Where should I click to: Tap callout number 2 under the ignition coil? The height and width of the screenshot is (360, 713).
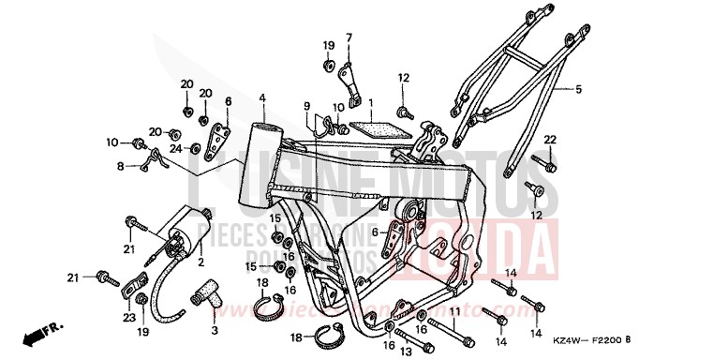point(201,263)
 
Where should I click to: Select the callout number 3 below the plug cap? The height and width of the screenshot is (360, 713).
point(214,330)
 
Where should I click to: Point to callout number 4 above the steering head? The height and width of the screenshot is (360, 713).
point(263,97)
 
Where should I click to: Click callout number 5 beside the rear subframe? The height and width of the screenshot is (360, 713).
point(578,90)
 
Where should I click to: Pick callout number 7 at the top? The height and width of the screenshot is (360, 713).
point(348,37)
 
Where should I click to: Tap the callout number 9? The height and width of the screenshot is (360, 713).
point(305,106)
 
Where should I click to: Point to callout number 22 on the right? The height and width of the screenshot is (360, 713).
point(550,140)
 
